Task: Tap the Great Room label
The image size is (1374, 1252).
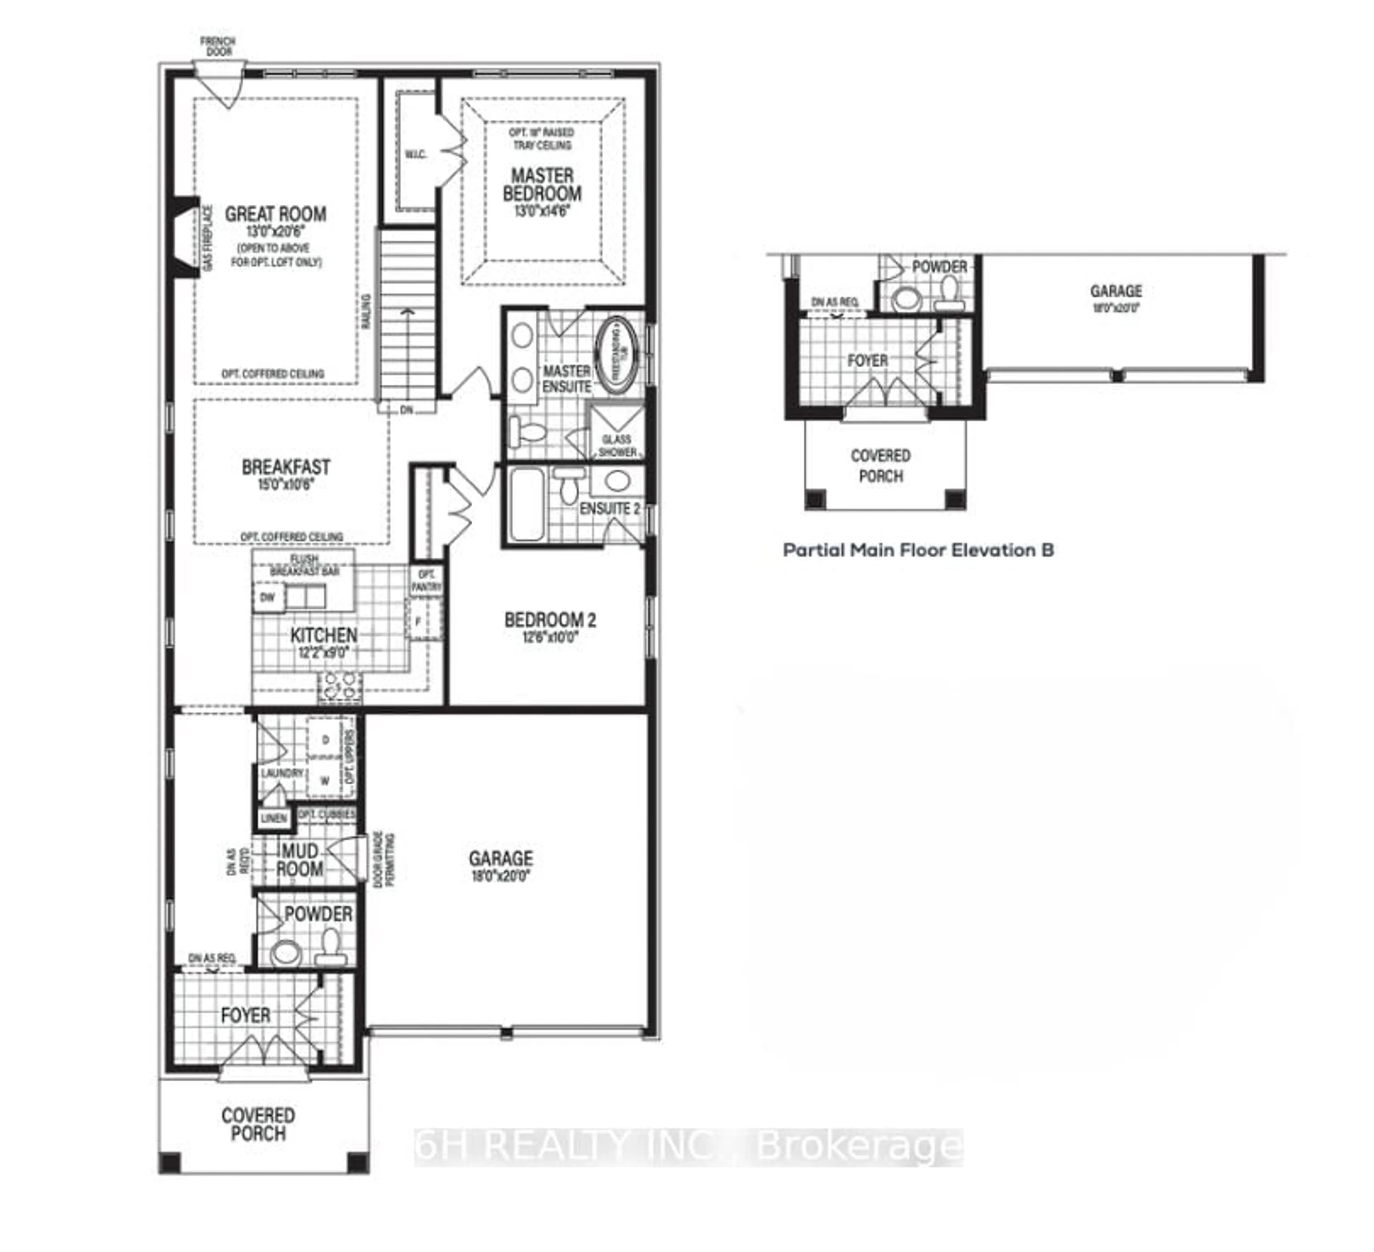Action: point(276,214)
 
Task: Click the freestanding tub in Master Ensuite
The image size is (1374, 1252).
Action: point(617,354)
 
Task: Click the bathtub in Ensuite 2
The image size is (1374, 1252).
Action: point(527,505)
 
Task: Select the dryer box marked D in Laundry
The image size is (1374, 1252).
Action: point(325,740)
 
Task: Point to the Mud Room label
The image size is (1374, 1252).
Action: point(300,860)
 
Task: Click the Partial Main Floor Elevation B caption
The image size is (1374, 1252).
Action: point(918,550)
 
